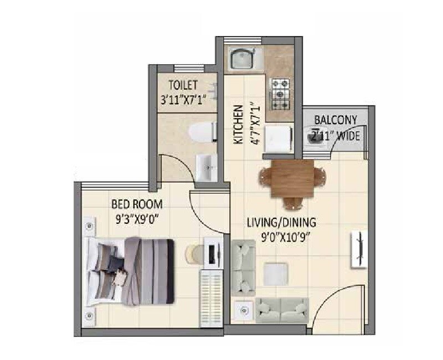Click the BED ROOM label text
point(136,203)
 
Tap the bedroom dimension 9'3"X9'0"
point(136,218)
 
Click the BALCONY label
point(336,120)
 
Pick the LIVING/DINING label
point(281,223)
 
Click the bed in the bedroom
point(130,271)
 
